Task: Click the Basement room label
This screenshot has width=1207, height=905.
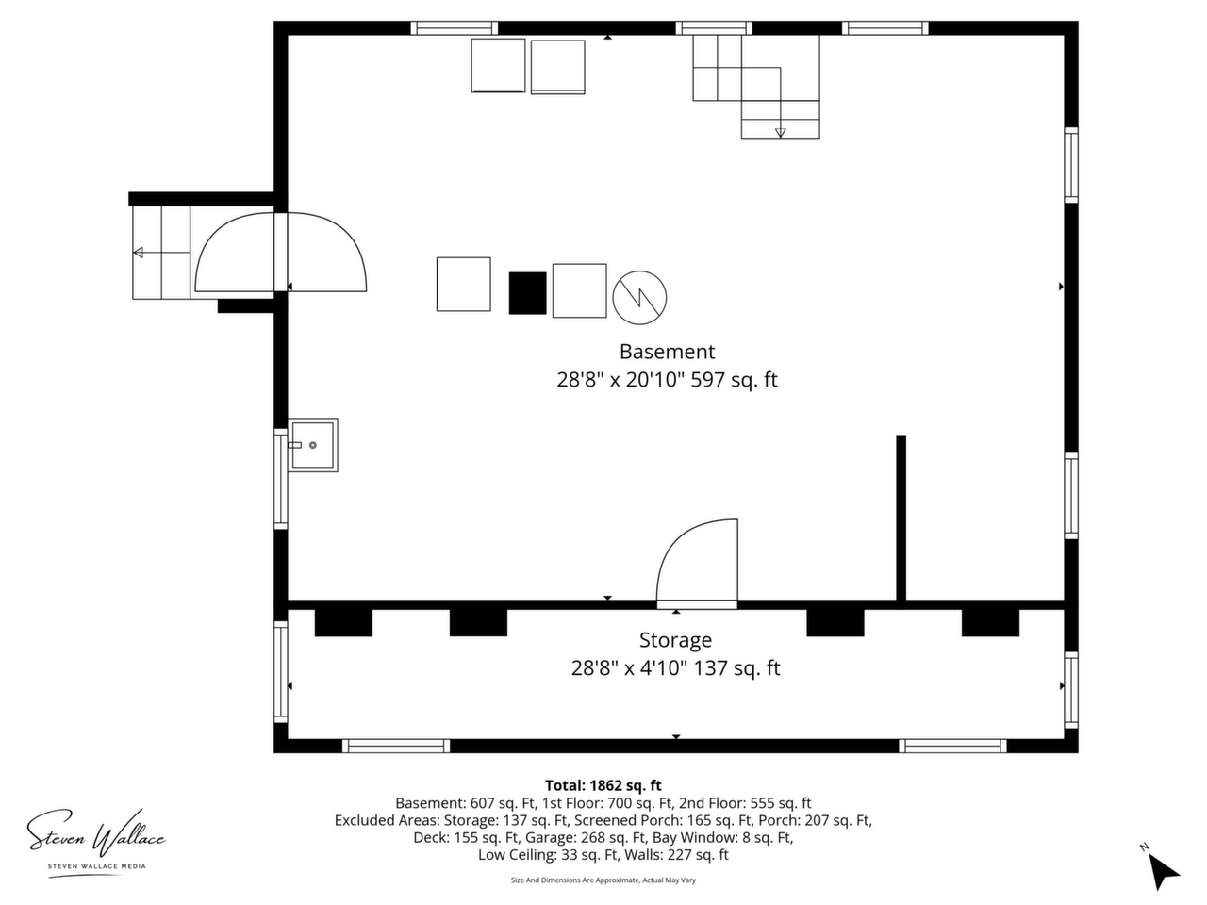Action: (x=667, y=352)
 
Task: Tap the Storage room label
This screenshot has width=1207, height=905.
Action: (x=675, y=640)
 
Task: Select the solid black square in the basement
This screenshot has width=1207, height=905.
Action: (x=527, y=293)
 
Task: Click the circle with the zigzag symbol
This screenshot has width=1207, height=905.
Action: (x=639, y=297)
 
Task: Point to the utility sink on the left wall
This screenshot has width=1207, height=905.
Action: (x=313, y=445)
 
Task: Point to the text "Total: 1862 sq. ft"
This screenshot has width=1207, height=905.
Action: (x=603, y=785)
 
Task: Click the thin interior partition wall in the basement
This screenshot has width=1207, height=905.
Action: (x=901, y=522)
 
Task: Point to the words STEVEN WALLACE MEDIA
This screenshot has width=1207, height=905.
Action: (x=97, y=866)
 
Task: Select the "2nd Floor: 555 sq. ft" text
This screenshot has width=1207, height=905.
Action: (x=745, y=803)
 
